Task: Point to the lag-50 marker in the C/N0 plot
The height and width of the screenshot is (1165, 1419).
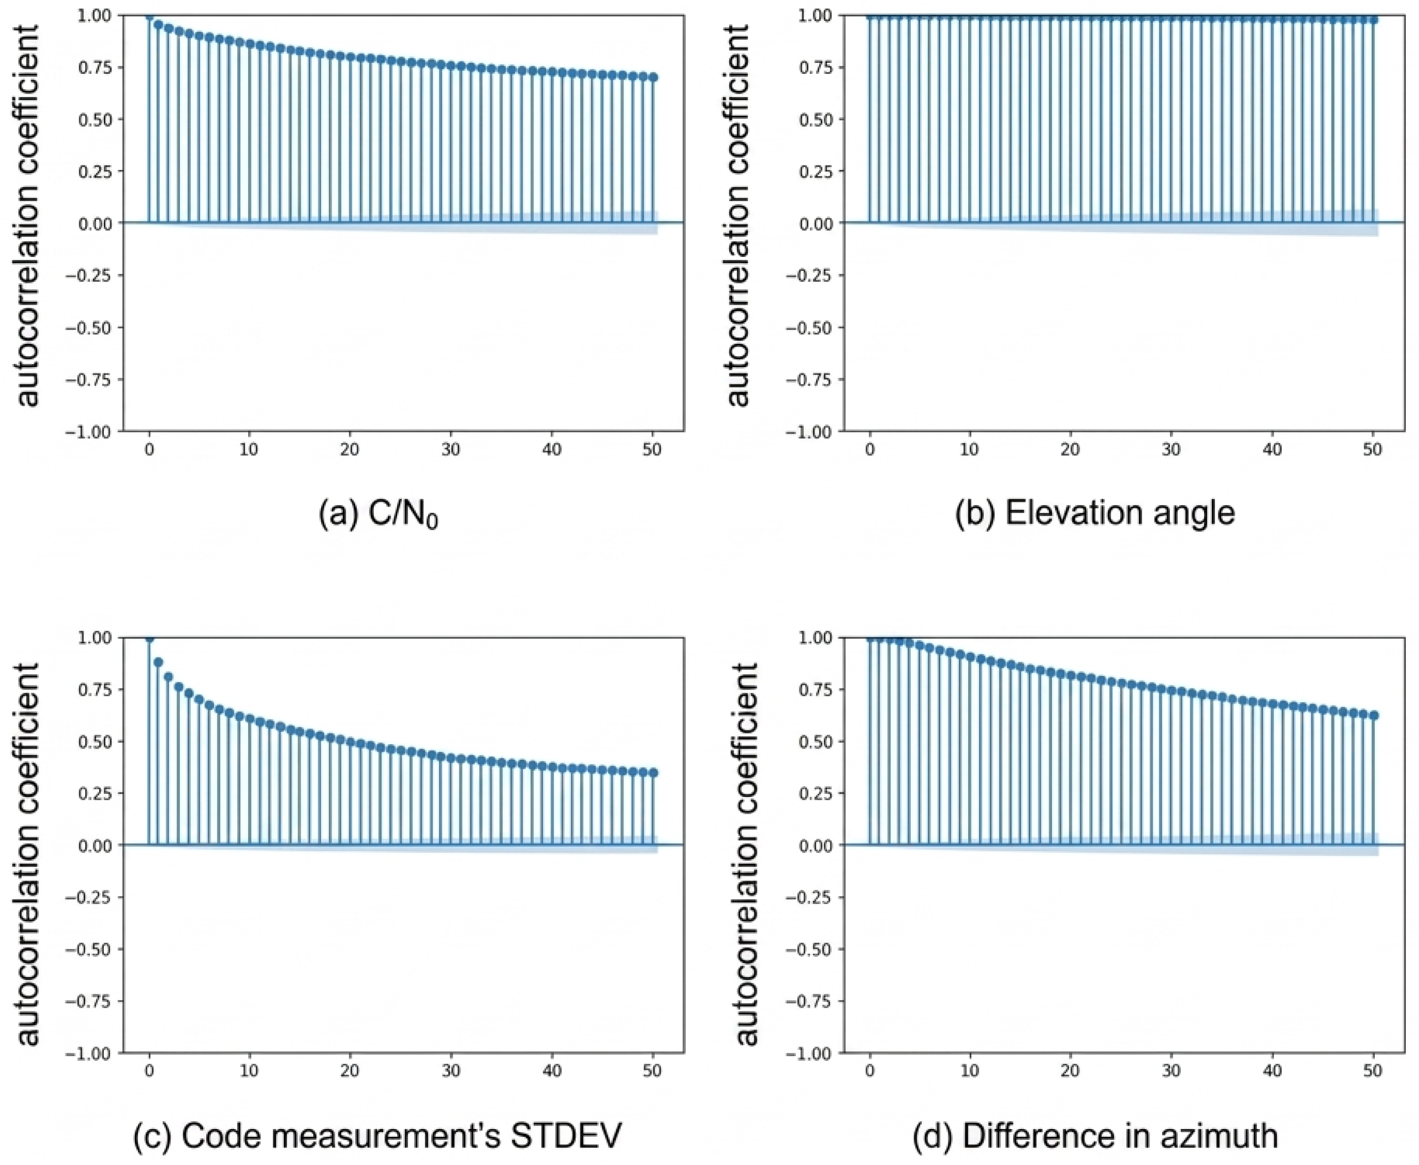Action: click(653, 77)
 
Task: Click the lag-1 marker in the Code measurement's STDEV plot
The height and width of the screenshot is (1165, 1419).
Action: click(158, 662)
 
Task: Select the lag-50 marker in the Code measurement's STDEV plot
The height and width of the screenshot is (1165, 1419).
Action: click(653, 772)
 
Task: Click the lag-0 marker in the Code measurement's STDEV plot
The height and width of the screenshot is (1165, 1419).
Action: click(149, 638)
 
